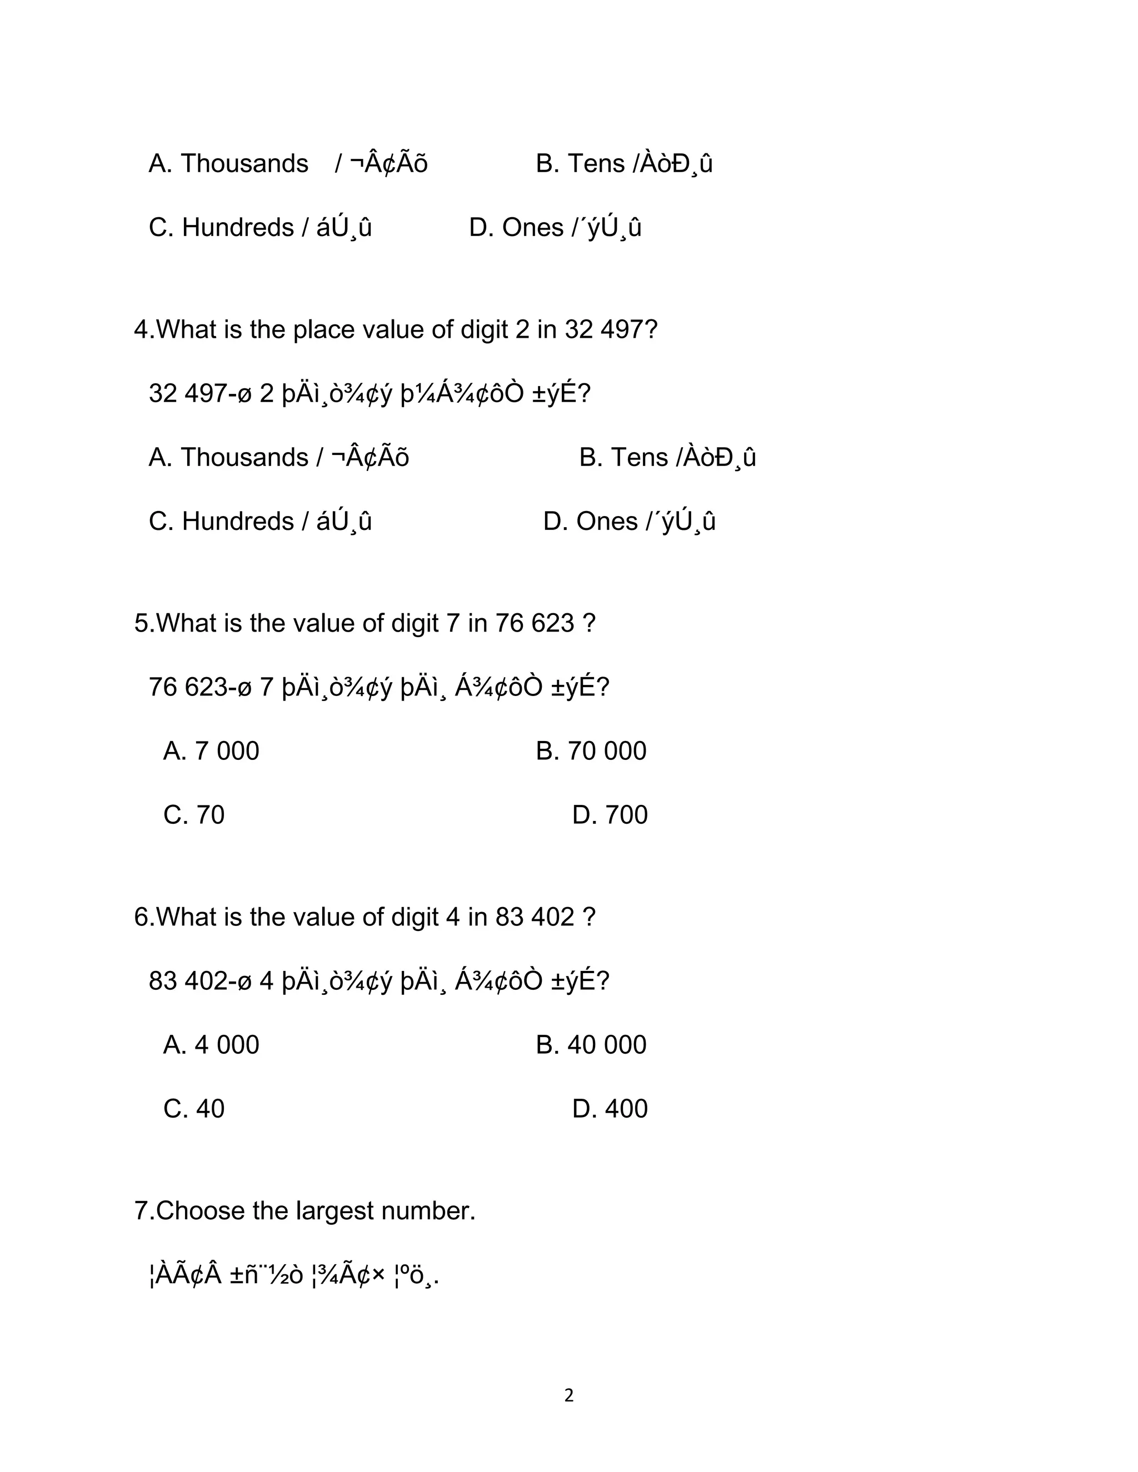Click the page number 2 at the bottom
point(568,1395)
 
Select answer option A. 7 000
point(211,751)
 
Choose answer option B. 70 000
point(591,751)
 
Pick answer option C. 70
point(193,815)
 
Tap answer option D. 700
point(610,815)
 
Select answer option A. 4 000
point(211,1045)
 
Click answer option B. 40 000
point(591,1045)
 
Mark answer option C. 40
point(193,1109)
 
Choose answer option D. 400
point(610,1109)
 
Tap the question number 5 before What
point(140,623)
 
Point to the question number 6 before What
point(140,917)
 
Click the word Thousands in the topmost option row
point(244,164)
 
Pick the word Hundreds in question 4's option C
point(237,522)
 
